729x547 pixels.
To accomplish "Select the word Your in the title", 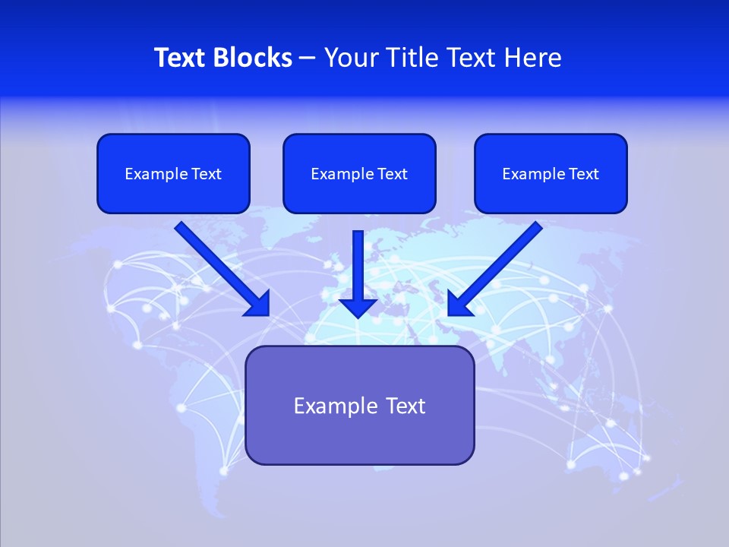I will point(351,58).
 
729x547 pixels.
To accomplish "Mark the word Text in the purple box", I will point(405,406).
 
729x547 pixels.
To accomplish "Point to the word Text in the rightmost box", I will point(583,174).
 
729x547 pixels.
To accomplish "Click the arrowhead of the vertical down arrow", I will point(358,307).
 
